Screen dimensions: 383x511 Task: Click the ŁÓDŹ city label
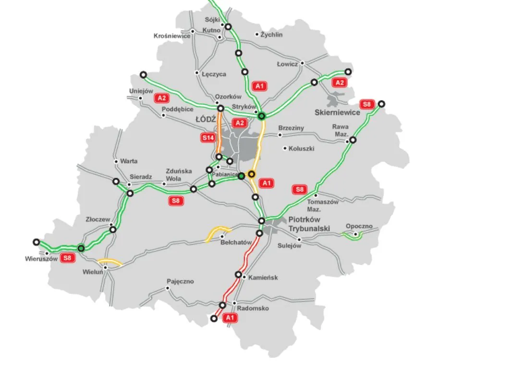(x=206, y=119)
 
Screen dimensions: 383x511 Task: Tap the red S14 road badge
(x=207, y=138)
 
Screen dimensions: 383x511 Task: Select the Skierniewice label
(x=337, y=113)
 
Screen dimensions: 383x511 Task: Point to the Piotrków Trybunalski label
(x=309, y=224)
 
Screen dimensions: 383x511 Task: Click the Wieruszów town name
(x=41, y=259)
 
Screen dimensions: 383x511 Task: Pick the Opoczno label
(x=359, y=227)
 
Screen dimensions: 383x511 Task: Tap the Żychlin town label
(x=272, y=35)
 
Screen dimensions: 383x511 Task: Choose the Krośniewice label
(x=172, y=36)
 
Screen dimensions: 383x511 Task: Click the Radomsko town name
(x=253, y=308)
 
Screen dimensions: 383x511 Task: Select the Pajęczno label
(x=181, y=281)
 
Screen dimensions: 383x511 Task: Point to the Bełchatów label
(x=236, y=243)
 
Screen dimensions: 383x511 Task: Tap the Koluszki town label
(x=302, y=149)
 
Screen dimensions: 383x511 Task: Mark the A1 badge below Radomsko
(x=230, y=318)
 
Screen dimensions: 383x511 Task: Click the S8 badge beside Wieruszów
(x=68, y=258)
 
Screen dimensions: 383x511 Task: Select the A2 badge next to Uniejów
(x=162, y=98)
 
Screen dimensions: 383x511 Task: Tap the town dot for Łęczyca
(x=196, y=73)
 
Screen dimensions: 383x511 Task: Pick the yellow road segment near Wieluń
(x=110, y=262)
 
